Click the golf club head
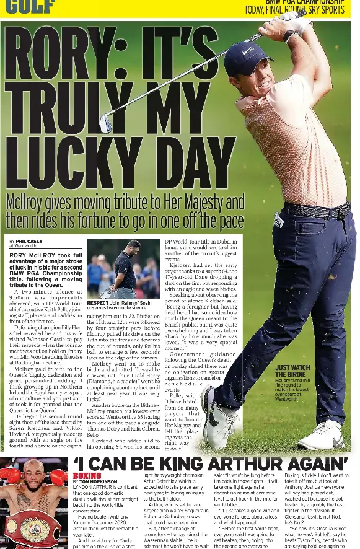pyautogui.click(x=107, y=121)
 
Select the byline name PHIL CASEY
pyautogui.click(x=29, y=240)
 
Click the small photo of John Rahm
pyautogui.click(x=123, y=270)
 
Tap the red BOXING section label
pyautogui.click(x=87, y=476)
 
